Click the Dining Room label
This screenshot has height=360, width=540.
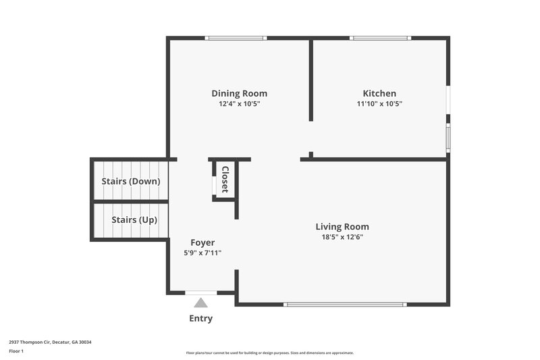tap(239, 93)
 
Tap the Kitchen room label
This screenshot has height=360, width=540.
tap(379, 93)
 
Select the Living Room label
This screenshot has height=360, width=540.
tap(342, 226)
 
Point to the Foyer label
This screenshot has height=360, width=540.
tap(202, 242)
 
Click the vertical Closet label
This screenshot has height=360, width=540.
tap(225, 180)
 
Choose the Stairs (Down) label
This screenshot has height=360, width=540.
tap(130, 181)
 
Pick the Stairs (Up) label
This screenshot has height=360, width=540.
tap(130, 220)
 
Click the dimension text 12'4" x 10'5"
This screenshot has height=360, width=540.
tap(239, 104)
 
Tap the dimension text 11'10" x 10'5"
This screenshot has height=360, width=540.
tap(379, 104)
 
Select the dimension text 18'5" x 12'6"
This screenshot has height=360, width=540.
tap(342, 237)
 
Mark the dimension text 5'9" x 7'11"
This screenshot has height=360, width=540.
tap(202, 253)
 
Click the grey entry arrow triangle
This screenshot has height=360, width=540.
tap(201, 303)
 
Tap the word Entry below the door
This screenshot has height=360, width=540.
tap(201, 318)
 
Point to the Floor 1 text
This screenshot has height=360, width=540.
tap(16, 351)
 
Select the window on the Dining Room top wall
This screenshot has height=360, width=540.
tap(236, 38)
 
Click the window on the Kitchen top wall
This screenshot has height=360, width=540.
tap(380, 38)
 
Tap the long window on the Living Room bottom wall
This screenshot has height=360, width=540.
tap(345, 304)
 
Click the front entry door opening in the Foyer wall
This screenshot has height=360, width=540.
tap(201, 292)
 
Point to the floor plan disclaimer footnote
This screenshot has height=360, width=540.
tap(269, 353)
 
